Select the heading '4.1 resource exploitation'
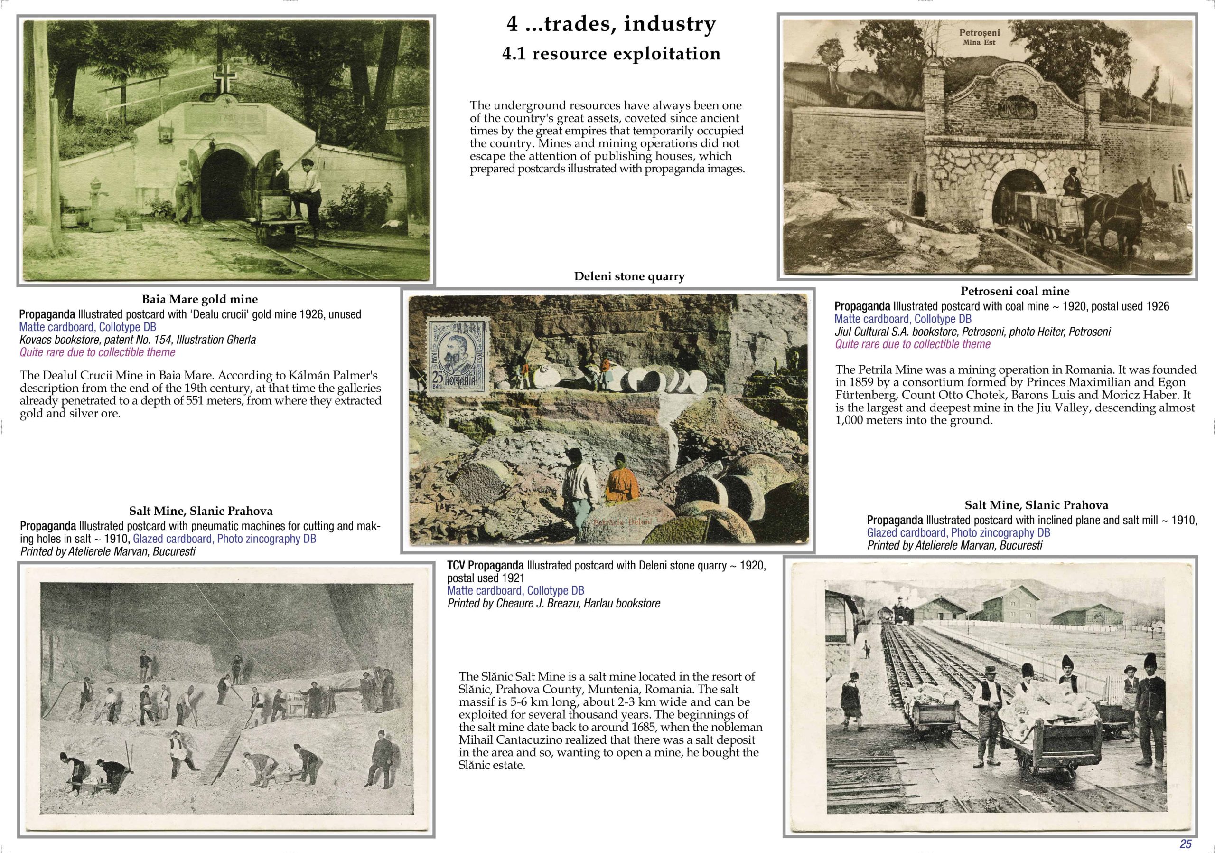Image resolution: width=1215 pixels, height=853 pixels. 611,54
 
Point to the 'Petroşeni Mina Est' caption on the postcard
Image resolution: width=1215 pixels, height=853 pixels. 980,37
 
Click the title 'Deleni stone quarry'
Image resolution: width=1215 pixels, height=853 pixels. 629,276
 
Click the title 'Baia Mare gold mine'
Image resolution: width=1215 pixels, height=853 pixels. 199,299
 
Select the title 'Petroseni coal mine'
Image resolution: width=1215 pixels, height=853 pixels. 1015,291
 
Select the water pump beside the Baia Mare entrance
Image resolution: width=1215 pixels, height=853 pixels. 95,196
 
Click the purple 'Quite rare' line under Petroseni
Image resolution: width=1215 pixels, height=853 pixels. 912,344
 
